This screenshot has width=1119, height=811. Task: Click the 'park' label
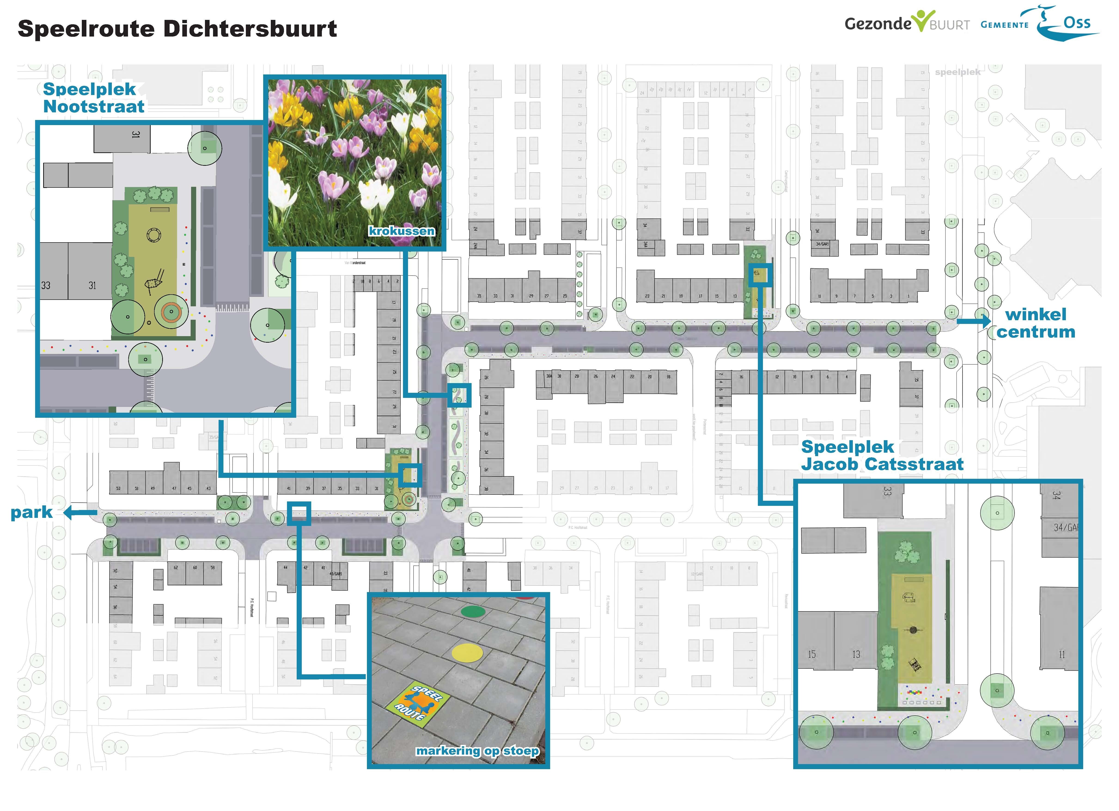[32, 512]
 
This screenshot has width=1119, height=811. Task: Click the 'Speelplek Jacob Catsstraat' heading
[882, 455]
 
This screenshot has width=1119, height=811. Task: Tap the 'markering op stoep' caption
[477, 751]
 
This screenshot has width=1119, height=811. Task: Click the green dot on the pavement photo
[473, 611]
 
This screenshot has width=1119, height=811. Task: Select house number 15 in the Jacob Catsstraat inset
[812, 654]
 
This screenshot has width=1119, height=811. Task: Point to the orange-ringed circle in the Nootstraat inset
[171, 311]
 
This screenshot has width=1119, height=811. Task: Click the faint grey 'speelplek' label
[958, 72]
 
